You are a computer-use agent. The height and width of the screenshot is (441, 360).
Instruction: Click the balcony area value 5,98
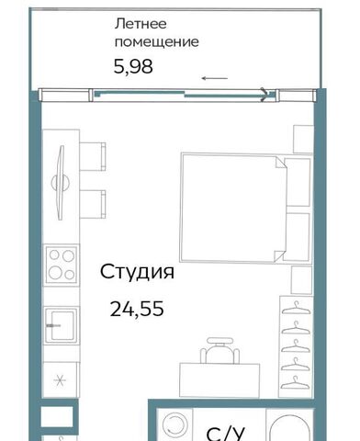click(x=133, y=66)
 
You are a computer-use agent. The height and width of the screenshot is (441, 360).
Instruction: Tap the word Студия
click(x=137, y=272)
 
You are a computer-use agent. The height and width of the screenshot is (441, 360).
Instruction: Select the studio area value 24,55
click(x=137, y=309)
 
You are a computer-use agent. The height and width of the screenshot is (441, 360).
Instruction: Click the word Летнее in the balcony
click(x=141, y=24)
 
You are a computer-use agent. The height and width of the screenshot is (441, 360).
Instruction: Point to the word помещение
click(x=157, y=42)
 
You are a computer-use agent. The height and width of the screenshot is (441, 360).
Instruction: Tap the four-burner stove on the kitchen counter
click(x=62, y=265)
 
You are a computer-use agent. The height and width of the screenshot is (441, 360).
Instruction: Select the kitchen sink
click(x=61, y=325)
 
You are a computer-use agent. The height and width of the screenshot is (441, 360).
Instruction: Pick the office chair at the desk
click(x=219, y=350)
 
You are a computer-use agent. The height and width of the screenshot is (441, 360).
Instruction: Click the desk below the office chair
click(x=219, y=380)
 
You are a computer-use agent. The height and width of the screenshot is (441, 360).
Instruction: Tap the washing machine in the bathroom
click(x=174, y=425)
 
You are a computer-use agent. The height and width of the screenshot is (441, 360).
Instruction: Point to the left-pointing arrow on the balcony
click(x=214, y=78)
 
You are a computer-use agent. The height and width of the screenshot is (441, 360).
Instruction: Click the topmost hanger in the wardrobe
click(x=296, y=308)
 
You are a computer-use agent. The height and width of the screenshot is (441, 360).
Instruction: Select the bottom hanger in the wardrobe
click(x=295, y=382)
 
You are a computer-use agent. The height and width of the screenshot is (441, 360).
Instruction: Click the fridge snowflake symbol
click(x=60, y=380)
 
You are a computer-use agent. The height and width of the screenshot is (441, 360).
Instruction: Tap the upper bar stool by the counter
click(x=93, y=156)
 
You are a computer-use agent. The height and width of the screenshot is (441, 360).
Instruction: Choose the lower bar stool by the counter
click(x=93, y=204)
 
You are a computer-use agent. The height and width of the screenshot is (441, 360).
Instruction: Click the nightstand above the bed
click(x=303, y=139)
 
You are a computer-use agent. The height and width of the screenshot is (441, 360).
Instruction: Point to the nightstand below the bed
click(x=301, y=280)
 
